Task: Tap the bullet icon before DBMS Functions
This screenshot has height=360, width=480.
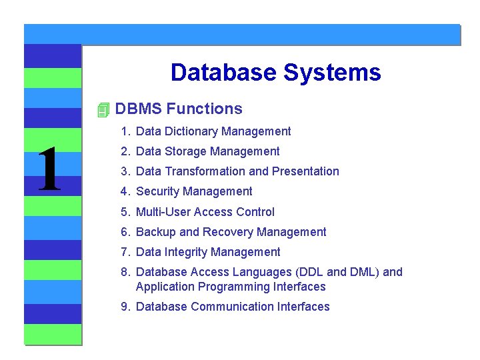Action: (x=102, y=109)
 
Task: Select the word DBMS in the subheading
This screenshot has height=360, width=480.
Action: (x=138, y=109)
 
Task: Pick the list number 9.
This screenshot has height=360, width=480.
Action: (x=125, y=307)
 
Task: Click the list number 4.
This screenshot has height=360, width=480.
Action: (x=125, y=191)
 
